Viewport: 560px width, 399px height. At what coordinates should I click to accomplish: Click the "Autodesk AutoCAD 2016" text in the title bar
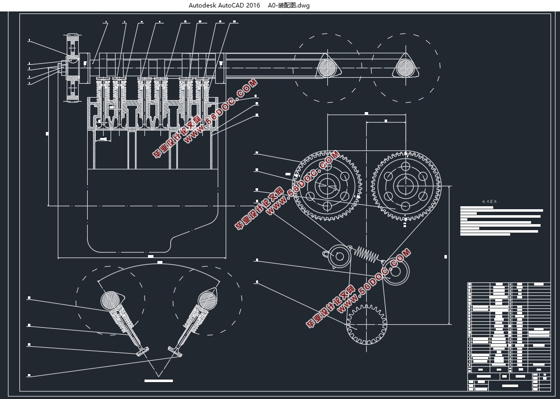point(224,5)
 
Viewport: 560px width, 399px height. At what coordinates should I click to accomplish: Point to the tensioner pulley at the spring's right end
point(396,272)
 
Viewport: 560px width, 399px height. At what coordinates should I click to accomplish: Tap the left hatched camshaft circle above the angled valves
point(111,300)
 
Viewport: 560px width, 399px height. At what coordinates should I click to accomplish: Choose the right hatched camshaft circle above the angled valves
point(207,300)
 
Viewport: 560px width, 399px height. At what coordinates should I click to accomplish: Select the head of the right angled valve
point(175,351)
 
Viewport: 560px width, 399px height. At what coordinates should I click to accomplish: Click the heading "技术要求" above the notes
point(489,202)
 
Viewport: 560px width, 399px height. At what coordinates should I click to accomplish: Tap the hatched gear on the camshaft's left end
point(73,68)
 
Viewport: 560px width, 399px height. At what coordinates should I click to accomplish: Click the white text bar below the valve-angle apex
point(158,381)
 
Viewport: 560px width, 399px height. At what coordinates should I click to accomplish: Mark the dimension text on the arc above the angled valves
point(160,262)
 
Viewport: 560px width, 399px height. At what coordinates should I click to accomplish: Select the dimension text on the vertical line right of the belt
point(445,257)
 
